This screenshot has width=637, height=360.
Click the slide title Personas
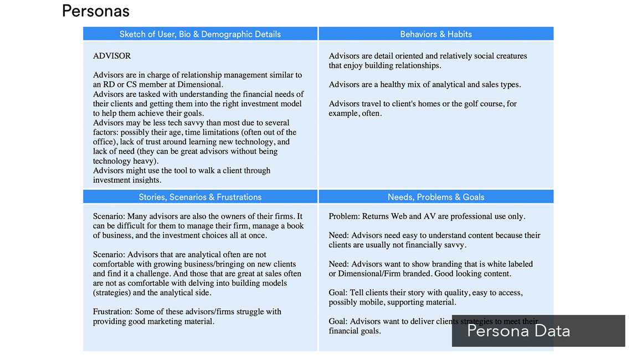(x=95, y=11)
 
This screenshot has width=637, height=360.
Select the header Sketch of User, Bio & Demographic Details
(x=200, y=34)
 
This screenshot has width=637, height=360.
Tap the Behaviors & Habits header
(x=436, y=34)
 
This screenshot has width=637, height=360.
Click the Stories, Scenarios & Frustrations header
(x=200, y=197)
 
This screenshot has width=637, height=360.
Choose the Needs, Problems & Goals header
(x=436, y=197)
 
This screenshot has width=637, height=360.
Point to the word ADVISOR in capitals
(x=112, y=56)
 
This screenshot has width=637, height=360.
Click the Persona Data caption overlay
(x=518, y=331)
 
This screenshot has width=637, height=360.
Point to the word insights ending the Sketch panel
(x=146, y=180)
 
